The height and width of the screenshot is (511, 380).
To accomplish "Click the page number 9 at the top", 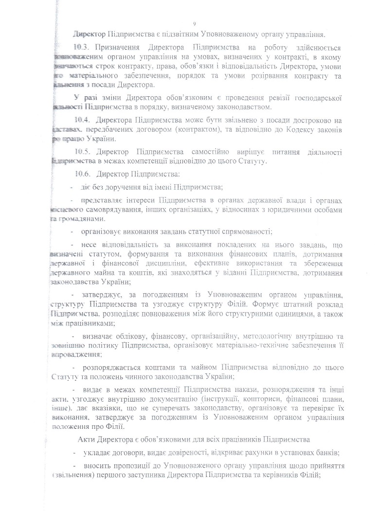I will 194,23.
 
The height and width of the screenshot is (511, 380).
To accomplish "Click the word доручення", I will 119,187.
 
